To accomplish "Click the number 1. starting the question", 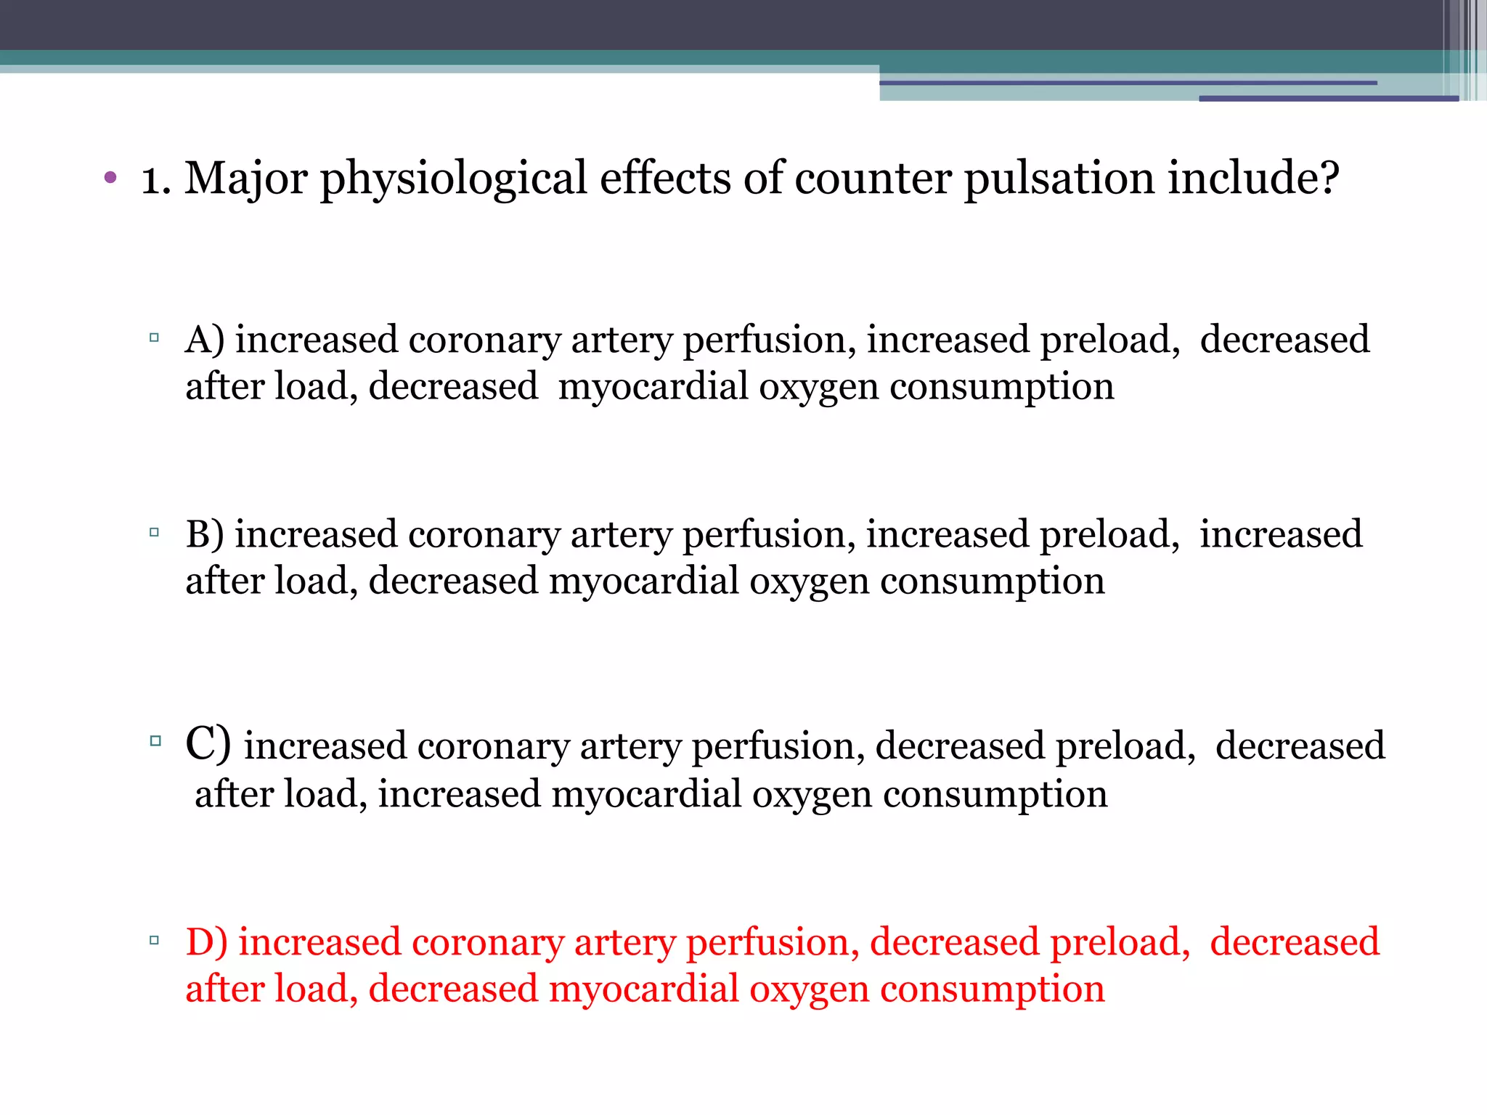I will (155, 179).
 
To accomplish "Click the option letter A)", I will (205, 340).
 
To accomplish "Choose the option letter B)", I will (205, 534).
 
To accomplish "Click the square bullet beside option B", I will (154, 532).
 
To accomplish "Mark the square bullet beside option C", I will (155, 741).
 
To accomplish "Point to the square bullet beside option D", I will (154, 940).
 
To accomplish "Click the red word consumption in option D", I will (992, 989).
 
